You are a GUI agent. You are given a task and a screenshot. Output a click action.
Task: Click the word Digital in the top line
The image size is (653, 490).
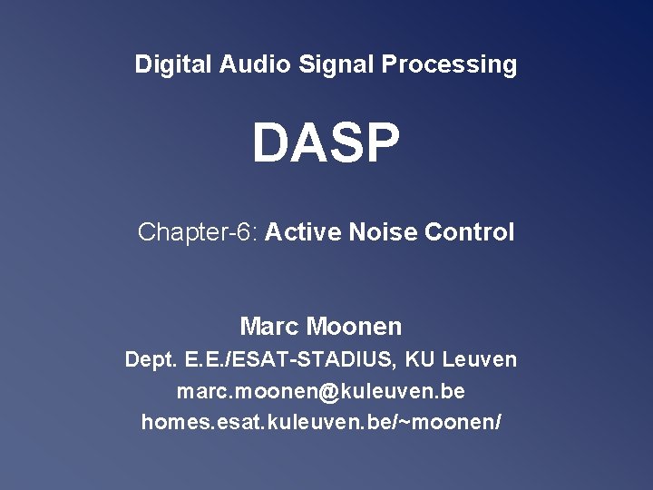[x=173, y=64]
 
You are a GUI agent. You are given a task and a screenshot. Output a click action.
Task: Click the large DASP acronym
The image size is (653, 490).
[x=326, y=144]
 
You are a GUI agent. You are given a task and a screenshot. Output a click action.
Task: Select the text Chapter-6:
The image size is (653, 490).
[x=199, y=232]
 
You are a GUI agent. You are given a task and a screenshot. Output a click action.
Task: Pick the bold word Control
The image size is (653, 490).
[x=469, y=232]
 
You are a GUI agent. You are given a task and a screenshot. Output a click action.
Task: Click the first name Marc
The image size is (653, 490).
[x=269, y=326]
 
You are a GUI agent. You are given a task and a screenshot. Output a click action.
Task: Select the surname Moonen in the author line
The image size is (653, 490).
[x=354, y=326]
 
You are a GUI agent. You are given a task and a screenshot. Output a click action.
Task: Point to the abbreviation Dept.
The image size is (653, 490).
[x=151, y=359]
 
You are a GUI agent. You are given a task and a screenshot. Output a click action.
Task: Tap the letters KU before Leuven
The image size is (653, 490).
[x=421, y=359]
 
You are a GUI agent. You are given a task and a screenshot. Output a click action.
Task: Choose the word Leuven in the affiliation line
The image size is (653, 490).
[x=480, y=359]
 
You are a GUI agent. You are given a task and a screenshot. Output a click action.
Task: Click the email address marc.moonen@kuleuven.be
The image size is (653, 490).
[x=321, y=392]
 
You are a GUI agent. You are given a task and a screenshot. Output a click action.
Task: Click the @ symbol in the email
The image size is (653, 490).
[x=327, y=392]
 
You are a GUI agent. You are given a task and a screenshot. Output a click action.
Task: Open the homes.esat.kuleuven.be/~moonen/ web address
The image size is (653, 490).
[x=321, y=423]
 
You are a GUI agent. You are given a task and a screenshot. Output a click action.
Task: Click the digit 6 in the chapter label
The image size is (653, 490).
[x=242, y=232]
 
